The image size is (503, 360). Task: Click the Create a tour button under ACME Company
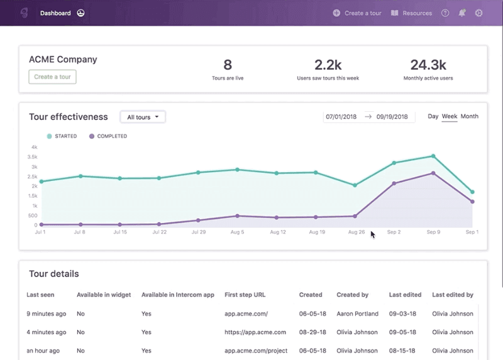tap(52, 77)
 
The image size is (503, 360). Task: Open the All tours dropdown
tap(142, 117)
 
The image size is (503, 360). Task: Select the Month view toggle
tap(469, 116)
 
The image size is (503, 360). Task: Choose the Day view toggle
tap(433, 116)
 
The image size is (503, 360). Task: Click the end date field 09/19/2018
tap(392, 117)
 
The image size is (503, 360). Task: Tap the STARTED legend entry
tap(62, 136)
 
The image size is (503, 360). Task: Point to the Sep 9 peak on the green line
tap(433, 156)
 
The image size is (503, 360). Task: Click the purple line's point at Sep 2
tap(394, 183)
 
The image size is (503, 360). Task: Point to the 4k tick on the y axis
tap(34, 147)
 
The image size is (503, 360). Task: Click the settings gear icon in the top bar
tap(478, 13)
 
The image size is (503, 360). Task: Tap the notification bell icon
tap(462, 13)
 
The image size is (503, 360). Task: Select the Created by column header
tap(353, 295)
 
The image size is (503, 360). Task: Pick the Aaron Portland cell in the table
tap(358, 314)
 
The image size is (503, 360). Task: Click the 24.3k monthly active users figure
tap(428, 65)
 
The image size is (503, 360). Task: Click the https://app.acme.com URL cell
tap(255, 332)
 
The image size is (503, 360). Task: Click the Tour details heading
tap(54, 274)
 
